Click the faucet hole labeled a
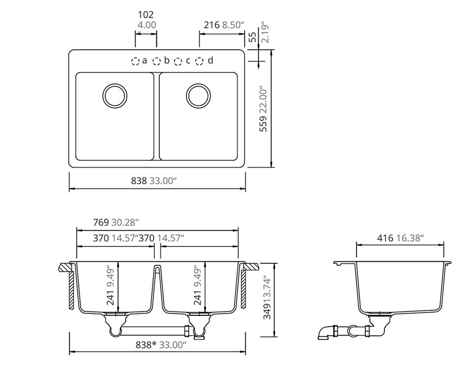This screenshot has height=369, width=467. coord(135,61)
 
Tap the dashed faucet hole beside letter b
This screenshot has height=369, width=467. coord(156,61)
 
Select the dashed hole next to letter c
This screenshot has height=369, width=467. coord(178,61)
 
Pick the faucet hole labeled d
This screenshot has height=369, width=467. coord(199,61)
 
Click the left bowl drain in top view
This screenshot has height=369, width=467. coord(115,95)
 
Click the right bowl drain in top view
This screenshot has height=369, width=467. coord(199,95)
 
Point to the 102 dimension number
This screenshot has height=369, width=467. coord(146,15)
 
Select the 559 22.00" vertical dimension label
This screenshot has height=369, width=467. coord(263,109)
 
